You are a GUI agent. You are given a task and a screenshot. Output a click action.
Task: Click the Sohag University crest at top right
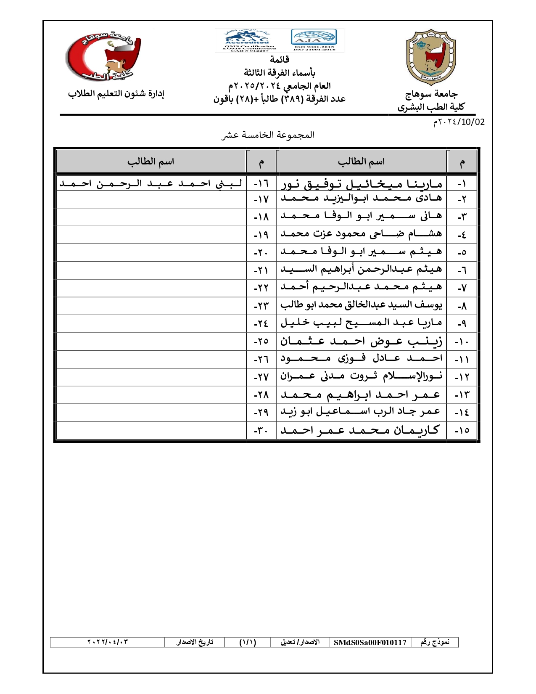coord(431,57)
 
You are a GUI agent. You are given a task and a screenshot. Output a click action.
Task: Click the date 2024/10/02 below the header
coord(459,122)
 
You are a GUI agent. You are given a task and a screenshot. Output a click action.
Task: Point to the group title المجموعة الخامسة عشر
coord(268,135)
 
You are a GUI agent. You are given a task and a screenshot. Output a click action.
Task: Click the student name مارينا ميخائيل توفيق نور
coord(362,184)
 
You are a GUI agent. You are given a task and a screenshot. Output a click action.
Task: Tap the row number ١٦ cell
coord(261,184)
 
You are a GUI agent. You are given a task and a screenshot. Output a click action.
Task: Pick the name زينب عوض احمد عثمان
coord(361,341)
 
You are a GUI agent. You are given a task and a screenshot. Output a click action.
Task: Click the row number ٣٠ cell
coord(261,431)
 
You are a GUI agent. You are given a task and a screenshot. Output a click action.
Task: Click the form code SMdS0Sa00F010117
coord(370,642)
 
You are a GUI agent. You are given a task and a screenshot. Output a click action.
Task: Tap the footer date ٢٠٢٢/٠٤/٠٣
coord(107,642)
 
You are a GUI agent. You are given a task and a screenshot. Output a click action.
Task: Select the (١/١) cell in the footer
coord(248,642)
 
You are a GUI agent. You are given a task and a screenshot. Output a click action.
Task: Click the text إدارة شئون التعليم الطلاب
coord(116,94)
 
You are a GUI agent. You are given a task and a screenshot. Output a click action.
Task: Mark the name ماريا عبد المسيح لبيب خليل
coord(361,323)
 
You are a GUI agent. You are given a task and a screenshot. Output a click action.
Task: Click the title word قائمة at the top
coord(279,59)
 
